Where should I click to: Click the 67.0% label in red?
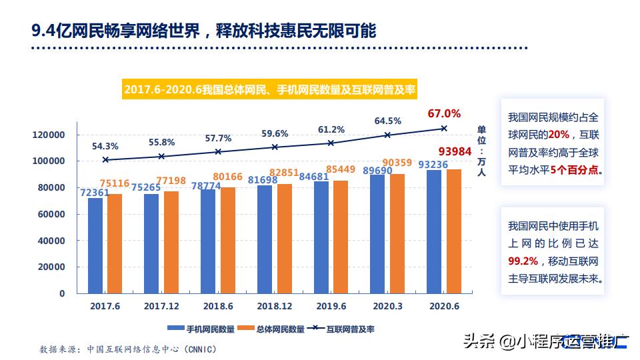coord(444,113)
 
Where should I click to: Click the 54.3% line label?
coord(105,146)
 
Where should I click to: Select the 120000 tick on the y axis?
coord(49,135)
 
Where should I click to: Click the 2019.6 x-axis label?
coord(331,307)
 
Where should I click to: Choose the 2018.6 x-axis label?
coord(218,307)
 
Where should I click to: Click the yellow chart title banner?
coord(273,89)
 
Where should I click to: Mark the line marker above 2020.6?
coord(444,129)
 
